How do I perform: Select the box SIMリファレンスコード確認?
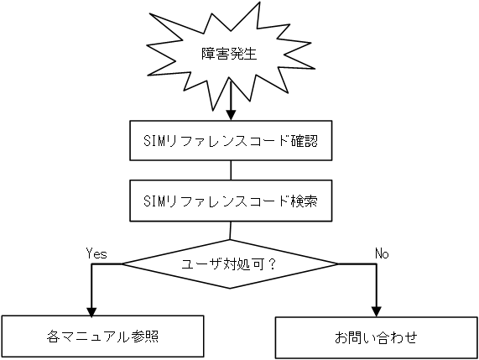(x=230, y=140)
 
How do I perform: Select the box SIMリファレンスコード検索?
(x=230, y=200)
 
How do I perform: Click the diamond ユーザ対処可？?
(x=230, y=263)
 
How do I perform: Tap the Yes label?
(x=96, y=252)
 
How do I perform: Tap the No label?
(x=382, y=252)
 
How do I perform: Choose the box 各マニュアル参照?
(x=102, y=337)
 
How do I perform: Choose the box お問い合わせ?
(x=376, y=338)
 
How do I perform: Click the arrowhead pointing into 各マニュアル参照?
(x=89, y=308)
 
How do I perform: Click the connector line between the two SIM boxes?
(x=230, y=170)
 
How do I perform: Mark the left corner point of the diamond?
(x=122, y=263)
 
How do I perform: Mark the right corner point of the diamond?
(x=338, y=263)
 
